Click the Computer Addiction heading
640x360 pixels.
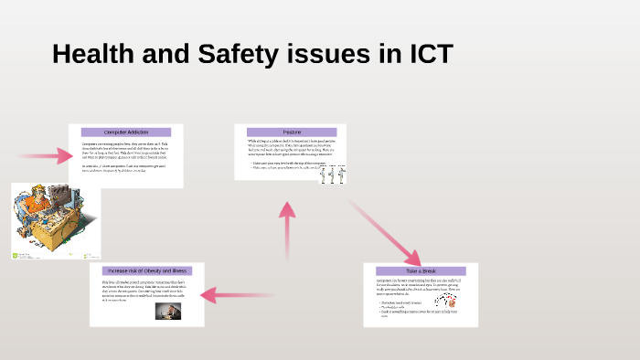[x=125, y=132]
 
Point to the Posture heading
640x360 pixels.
[x=292, y=132]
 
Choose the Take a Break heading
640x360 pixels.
[x=421, y=271]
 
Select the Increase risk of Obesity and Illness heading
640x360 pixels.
[x=146, y=271]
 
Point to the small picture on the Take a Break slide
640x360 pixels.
[x=445, y=301]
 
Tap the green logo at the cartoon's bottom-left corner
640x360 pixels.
[x=16, y=255]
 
